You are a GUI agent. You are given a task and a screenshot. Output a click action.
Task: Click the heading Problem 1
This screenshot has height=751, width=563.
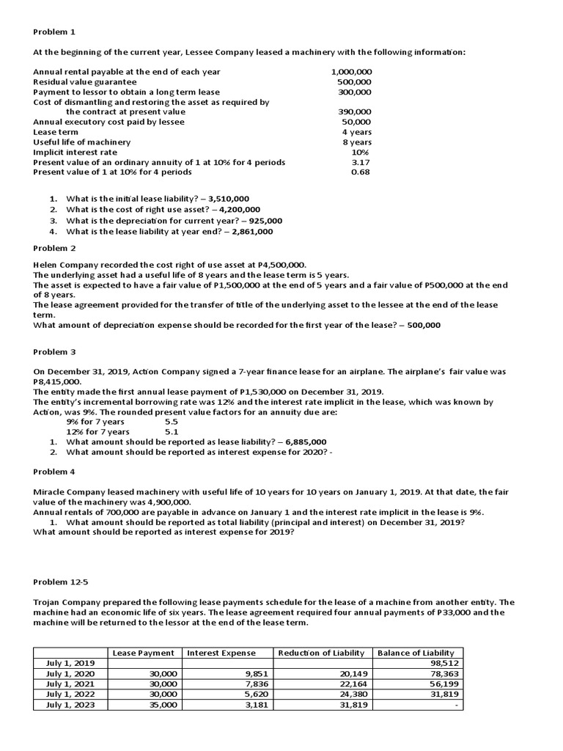pos(54,32)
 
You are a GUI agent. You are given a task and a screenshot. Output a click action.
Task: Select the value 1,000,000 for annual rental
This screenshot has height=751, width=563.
pos(351,72)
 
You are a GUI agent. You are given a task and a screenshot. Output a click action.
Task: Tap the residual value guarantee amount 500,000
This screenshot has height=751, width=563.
pos(354,82)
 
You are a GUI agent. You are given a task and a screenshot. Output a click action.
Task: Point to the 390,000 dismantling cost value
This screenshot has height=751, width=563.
pos(354,112)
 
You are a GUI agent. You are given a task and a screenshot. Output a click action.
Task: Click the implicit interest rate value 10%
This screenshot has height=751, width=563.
pos(360,152)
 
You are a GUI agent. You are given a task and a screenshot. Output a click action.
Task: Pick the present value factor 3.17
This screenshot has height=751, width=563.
pos(360,162)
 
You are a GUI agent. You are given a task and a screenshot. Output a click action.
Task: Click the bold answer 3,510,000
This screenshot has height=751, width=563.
pos(229,199)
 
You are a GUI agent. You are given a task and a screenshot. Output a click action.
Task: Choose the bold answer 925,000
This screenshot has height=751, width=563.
pos(265,221)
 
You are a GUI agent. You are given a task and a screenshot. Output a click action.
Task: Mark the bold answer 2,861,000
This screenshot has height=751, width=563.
pos(252,232)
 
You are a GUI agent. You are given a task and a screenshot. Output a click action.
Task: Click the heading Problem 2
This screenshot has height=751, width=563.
pos(54,249)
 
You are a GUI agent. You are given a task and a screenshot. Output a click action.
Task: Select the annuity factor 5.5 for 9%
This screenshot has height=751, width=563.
pos(171,422)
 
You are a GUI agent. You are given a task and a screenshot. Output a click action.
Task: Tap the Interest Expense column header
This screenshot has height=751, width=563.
pos(221,653)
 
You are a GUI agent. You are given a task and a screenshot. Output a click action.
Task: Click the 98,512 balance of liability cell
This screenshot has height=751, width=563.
pos(441,663)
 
